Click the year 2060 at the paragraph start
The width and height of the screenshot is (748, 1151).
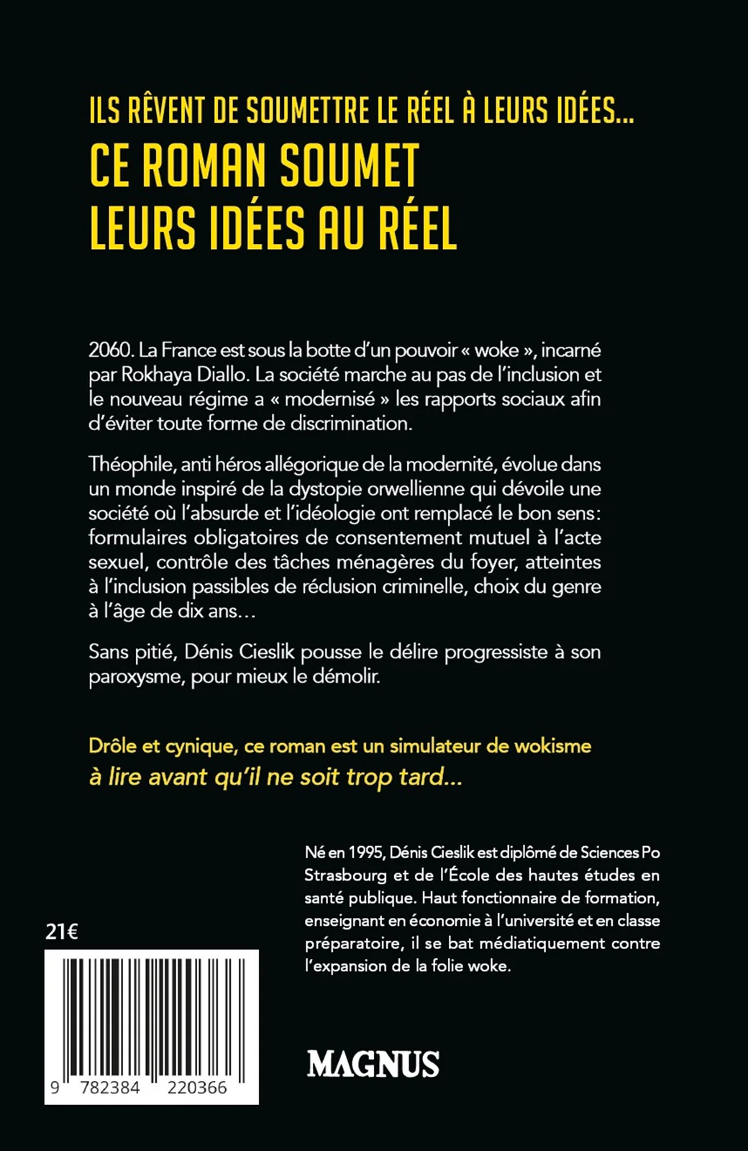(x=111, y=350)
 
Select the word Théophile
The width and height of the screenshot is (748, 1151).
(x=129, y=465)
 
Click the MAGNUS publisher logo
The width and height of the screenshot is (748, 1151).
(x=373, y=1064)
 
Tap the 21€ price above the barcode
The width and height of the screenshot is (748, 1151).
(x=62, y=932)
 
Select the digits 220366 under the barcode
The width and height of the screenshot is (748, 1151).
(x=197, y=1088)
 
